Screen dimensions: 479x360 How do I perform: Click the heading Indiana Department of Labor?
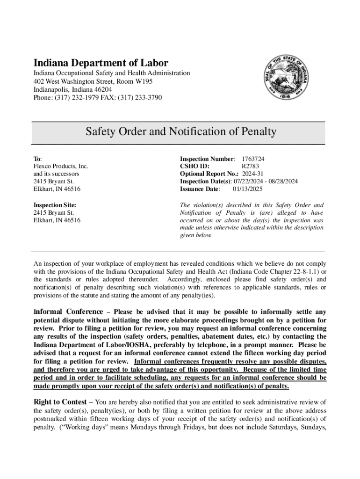pos(100,63)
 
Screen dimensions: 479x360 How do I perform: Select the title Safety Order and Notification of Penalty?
pos(180,132)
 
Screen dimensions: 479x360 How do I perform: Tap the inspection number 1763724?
pos(256,159)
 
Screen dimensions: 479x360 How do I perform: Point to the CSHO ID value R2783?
pos(250,167)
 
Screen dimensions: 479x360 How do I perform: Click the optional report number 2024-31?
pos(254,174)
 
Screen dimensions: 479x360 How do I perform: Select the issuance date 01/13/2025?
pos(248,189)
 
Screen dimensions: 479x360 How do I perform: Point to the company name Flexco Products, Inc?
pos(61,167)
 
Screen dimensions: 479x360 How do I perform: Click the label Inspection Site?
pos(55,205)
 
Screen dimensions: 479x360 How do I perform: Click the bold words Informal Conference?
pos(68,312)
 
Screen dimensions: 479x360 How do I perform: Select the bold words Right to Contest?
pos(60,402)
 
